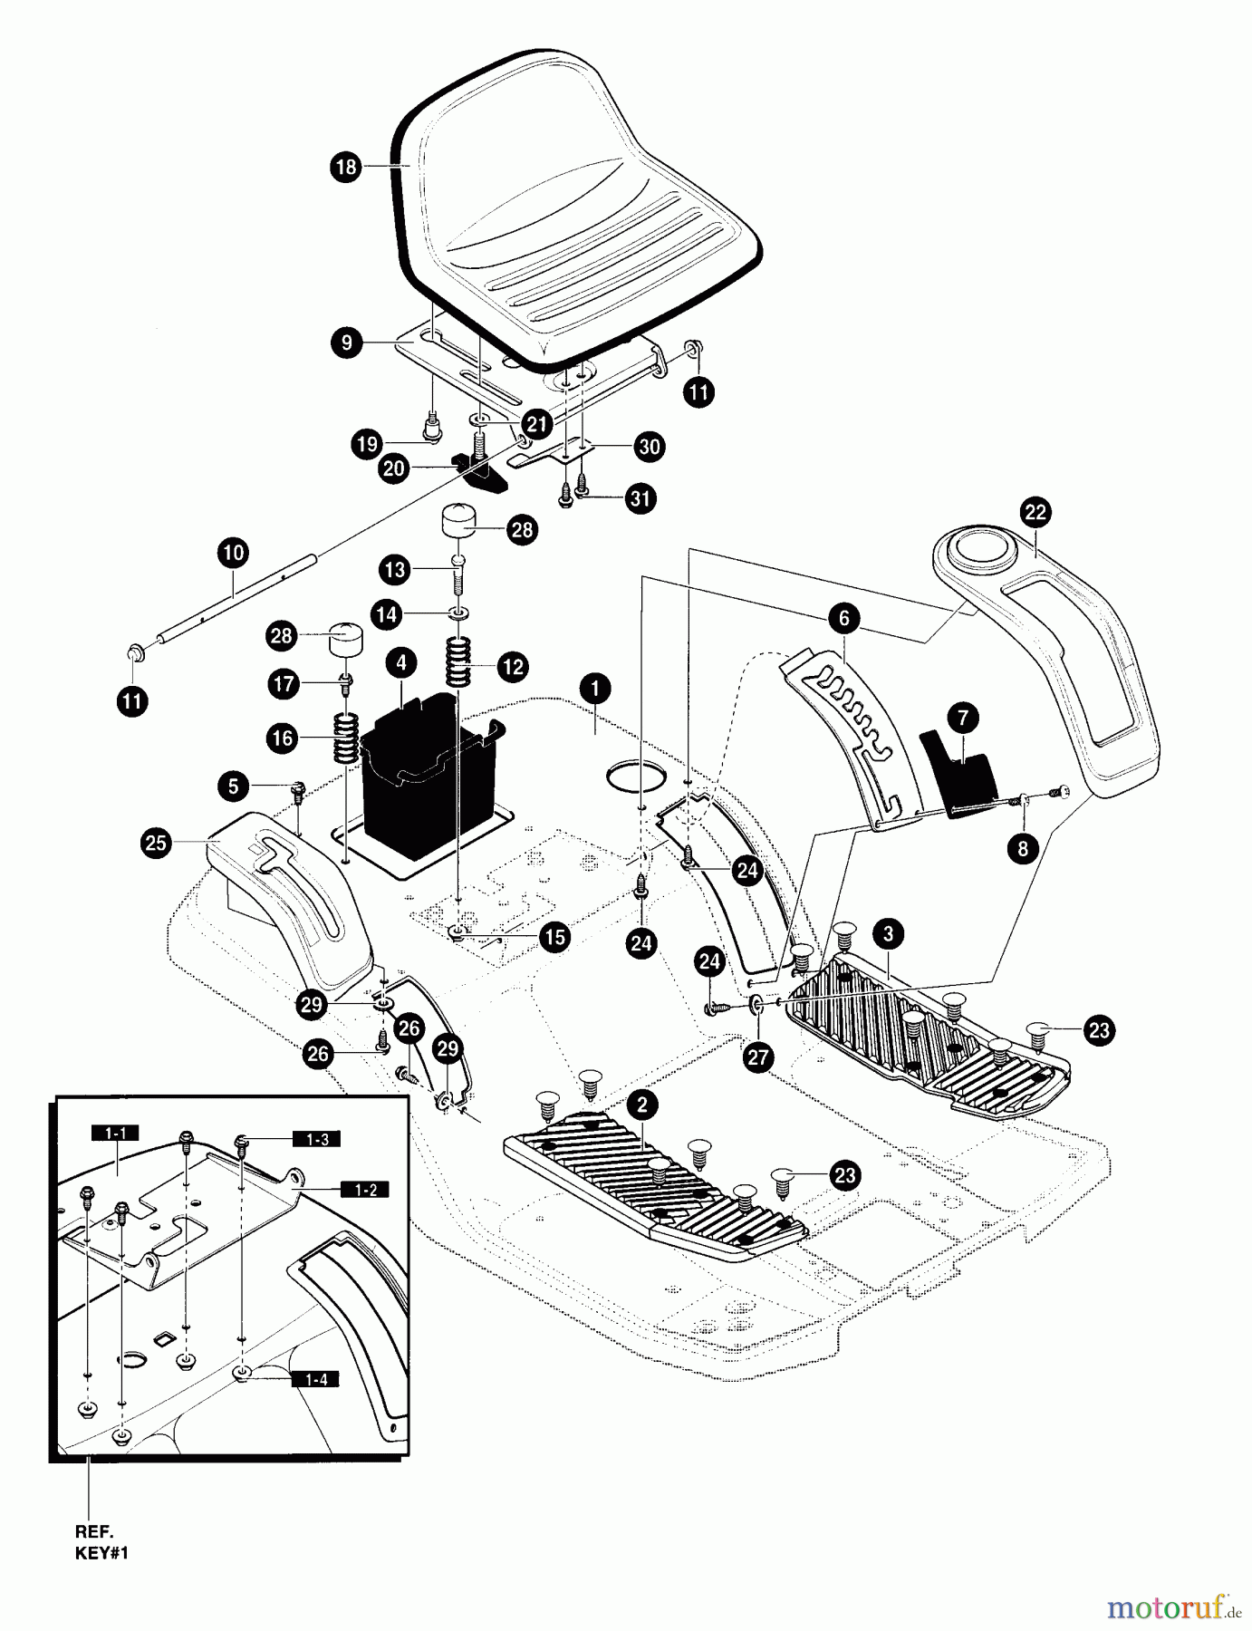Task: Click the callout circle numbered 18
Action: [345, 168]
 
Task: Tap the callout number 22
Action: [1035, 512]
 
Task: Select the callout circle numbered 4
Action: [400, 662]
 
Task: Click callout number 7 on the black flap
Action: [962, 719]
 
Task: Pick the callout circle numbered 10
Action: [233, 553]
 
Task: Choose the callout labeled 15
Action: [554, 938]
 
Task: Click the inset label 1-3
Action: [316, 1139]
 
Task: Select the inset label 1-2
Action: [365, 1190]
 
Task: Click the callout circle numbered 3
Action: [888, 933]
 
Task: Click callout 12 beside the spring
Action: [513, 667]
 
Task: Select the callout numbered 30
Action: [650, 447]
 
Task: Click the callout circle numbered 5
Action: [234, 786]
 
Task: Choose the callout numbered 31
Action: [641, 499]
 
